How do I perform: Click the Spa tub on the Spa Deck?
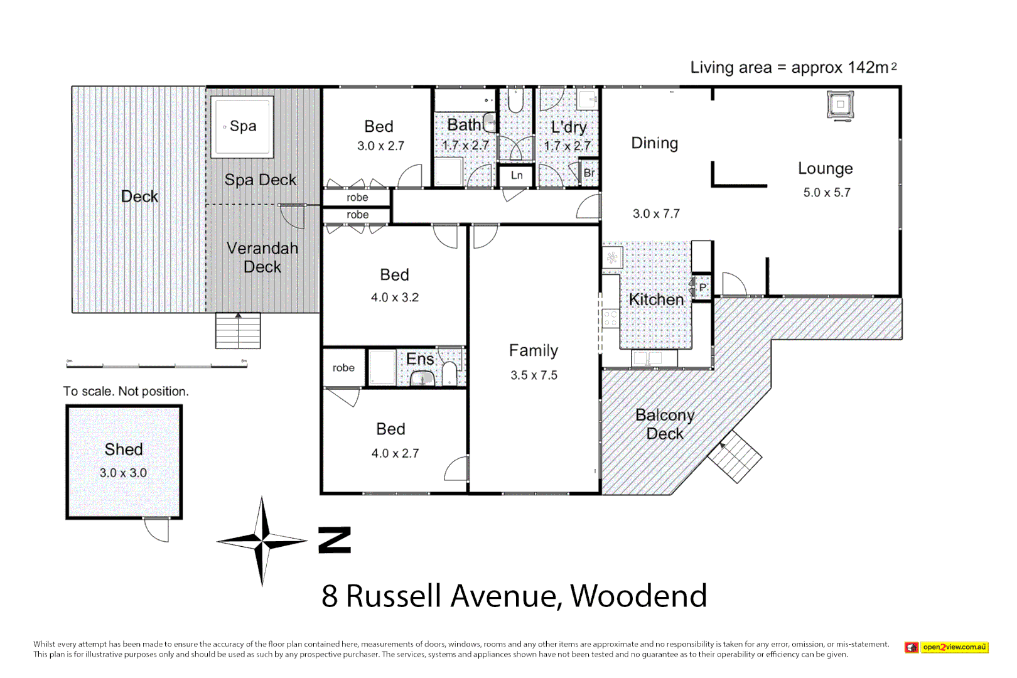coord(242,126)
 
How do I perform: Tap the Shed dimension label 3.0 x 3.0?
coord(123,473)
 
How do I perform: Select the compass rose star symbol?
coord(262,540)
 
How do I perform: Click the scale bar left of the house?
coord(156,365)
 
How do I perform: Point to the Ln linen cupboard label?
coord(517,175)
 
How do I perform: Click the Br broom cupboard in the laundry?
coord(589,173)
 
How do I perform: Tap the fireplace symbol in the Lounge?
coord(840,104)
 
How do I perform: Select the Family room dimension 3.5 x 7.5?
coord(534,375)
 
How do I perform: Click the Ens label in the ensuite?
coord(420,359)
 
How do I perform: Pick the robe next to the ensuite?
coord(343,368)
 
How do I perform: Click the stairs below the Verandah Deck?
coord(238,330)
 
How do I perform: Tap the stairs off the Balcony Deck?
coord(734,456)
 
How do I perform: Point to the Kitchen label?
coord(656,299)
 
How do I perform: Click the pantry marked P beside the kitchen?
coord(702,288)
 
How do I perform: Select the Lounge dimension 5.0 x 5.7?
coord(827,193)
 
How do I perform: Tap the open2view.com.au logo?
coord(947,647)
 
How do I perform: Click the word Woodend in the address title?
coord(638,596)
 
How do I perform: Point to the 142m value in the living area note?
coord(868,67)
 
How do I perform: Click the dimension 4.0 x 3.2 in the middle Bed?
coord(394,298)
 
